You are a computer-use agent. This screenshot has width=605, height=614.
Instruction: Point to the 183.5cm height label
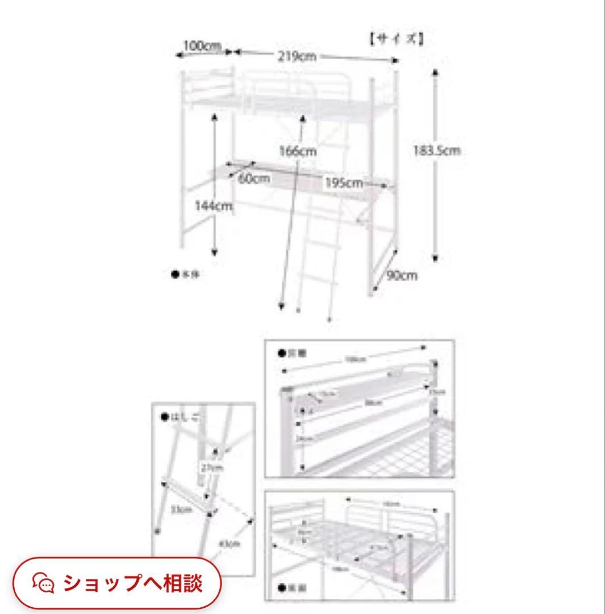tap(436, 151)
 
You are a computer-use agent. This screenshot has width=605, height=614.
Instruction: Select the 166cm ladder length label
tap(298, 152)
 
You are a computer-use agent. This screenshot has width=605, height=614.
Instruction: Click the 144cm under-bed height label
tap(214, 206)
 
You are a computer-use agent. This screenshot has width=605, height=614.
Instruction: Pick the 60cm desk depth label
tap(254, 178)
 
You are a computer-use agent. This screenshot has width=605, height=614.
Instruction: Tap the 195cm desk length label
tap(343, 183)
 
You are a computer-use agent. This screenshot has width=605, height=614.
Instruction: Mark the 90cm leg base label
tap(402, 276)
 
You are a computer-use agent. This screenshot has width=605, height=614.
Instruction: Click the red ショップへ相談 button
tap(116, 583)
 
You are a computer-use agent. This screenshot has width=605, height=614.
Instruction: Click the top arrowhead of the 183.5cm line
tap(435, 72)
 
